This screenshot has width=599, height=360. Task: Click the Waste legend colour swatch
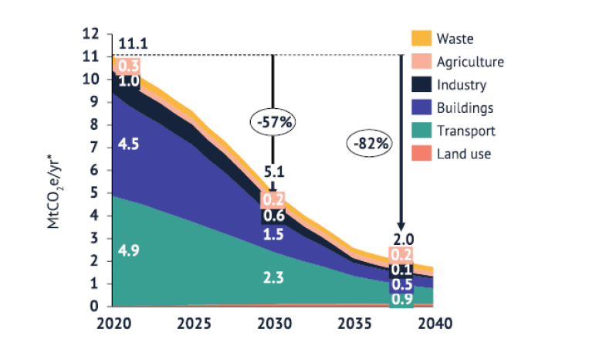click(x=421, y=39)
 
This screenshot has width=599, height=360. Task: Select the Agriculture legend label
click(x=469, y=62)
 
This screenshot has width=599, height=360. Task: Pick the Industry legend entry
click(x=462, y=85)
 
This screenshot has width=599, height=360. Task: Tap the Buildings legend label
click(x=465, y=108)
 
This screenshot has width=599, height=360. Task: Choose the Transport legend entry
click(x=465, y=131)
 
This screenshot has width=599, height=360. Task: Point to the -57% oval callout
click(x=273, y=122)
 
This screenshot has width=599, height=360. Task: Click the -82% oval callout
click(x=372, y=143)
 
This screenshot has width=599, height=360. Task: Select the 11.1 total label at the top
click(x=134, y=43)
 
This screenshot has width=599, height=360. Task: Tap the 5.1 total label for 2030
click(x=273, y=172)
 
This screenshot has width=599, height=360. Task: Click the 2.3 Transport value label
click(x=272, y=277)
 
